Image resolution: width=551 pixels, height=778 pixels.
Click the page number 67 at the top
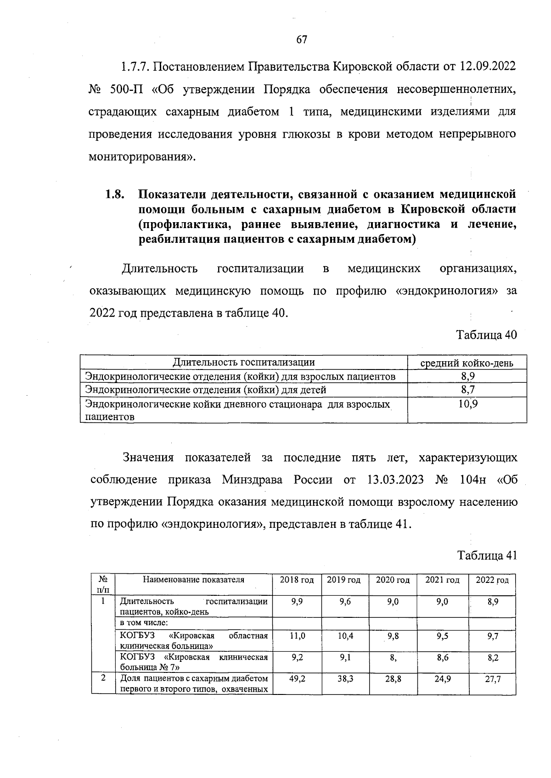[301, 39]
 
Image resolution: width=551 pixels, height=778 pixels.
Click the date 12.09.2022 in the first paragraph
[488, 67]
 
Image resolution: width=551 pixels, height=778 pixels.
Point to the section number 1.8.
[115, 194]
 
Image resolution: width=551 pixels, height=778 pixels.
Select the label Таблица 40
[487, 335]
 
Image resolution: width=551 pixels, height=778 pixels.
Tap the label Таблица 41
[487, 555]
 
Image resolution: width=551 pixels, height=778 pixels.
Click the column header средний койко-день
[467, 363]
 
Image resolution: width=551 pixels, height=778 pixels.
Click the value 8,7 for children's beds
[467, 390]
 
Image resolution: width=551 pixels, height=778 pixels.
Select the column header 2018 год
[297, 580]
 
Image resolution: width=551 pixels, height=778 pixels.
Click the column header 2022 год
[492, 580]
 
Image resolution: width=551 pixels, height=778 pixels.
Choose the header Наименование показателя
[194, 580]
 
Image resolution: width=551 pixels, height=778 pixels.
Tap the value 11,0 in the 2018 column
[297, 636]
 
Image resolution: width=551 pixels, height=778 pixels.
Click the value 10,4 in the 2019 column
[345, 636]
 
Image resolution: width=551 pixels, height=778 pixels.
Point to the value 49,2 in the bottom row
[297, 678]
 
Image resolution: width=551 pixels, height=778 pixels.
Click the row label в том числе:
[144, 623]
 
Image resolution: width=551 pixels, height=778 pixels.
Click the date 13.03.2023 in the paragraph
[395, 480]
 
